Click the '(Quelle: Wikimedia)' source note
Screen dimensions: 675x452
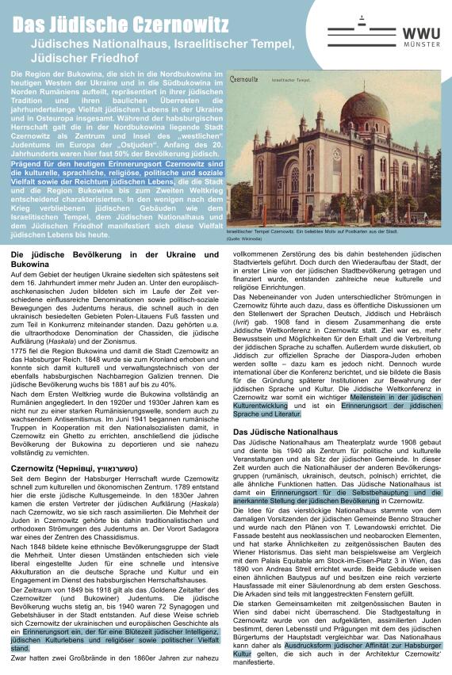tap(243, 238)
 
